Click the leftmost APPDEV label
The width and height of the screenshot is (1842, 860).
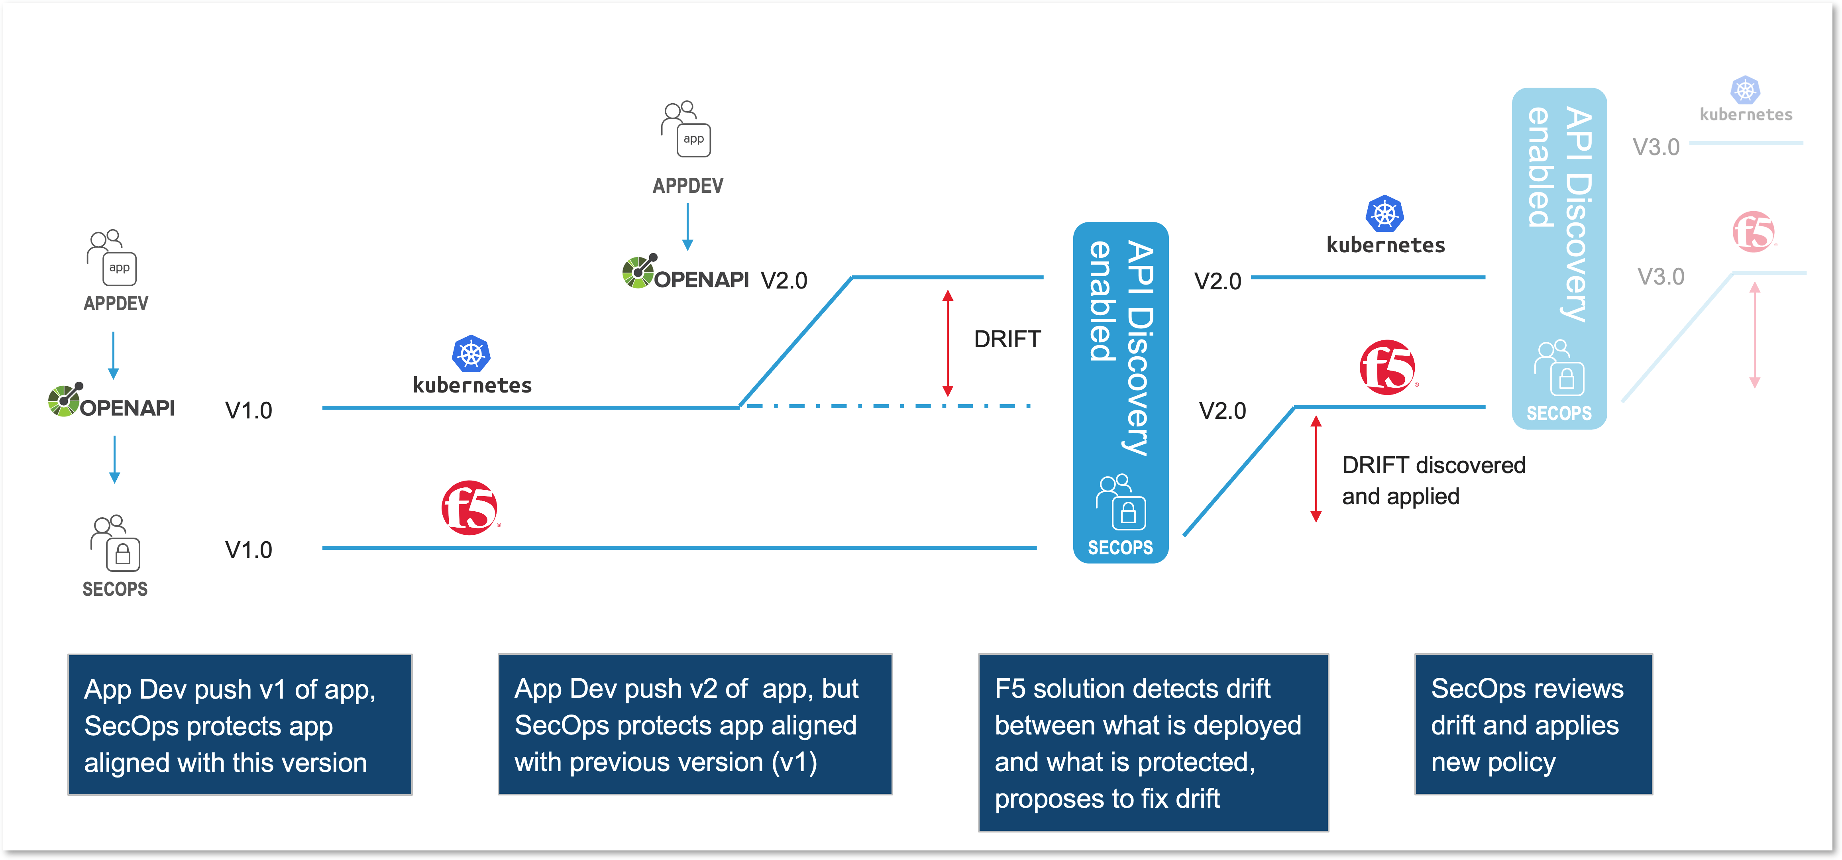(116, 304)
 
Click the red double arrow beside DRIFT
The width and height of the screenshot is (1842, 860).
(947, 343)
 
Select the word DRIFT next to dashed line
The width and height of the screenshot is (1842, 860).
(1007, 339)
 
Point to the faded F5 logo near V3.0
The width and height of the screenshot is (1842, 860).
(1754, 232)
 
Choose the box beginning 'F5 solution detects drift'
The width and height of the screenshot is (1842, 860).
(1153, 743)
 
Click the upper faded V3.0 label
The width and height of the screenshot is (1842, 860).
(1655, 147)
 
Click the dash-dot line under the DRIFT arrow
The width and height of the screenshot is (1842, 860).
(887, 406)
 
